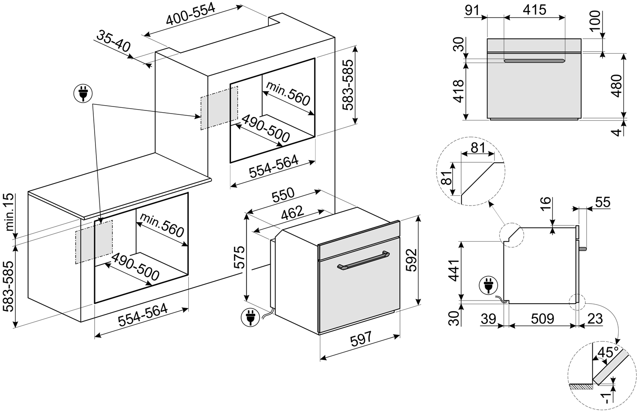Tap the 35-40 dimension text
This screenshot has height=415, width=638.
click(114, 42)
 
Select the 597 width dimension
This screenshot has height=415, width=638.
click(361, 339)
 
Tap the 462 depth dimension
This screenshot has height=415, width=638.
click(293, 213)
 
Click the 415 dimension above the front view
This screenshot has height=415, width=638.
click(535, 9)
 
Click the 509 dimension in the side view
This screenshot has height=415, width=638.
click(542, 318)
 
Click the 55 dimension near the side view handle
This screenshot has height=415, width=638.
click(602, 202)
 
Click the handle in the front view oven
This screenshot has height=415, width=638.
click(535, 61)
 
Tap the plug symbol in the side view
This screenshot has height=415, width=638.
click(488, 285)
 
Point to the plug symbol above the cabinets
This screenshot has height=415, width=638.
click(82, 94)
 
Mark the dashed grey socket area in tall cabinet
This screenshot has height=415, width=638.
click(219, 108)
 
